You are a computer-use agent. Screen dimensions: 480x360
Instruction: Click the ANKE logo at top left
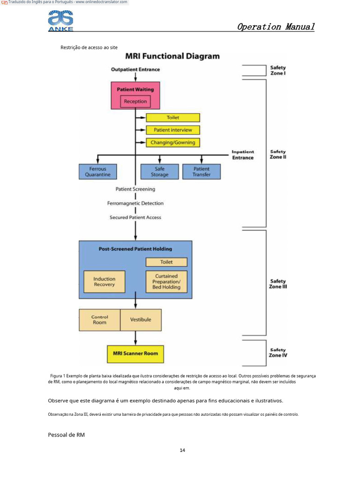[x=60, y=21]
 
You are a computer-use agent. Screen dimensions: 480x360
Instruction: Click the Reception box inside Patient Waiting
[x=135, y=101]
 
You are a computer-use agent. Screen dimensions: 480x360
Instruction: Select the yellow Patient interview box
[x=172, y=130]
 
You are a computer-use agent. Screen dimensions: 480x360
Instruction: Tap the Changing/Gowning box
[x=172, y=142]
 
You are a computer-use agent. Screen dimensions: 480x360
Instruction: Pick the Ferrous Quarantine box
[x=97, y=172]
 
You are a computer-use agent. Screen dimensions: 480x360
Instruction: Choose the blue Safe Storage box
[x=159, y=172]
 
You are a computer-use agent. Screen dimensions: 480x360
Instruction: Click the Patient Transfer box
[x=201, y=172]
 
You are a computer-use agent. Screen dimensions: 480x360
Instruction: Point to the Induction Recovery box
[x=104, y=282]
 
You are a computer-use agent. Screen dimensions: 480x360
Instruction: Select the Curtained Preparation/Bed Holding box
[x=166, y=282]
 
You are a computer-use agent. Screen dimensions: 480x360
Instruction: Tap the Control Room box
[x=99, y=320]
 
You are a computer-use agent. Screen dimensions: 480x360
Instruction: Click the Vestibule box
[x=141, y=320]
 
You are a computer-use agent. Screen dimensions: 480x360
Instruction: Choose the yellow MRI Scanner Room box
[x=135, y=353]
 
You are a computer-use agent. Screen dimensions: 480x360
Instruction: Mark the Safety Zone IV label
[x=278, y=352]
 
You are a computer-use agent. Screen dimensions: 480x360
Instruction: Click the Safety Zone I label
[x=278, y=70]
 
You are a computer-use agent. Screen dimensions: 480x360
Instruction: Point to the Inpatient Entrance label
[x=242, y=155]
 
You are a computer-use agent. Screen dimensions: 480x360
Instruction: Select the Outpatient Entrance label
[x=135, y=69]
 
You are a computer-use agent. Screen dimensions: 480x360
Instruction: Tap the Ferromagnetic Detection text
[x=135, y=203]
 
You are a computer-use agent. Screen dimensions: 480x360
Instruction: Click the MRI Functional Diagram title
[x=172, y=56]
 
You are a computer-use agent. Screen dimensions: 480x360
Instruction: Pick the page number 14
[x=182, y=450]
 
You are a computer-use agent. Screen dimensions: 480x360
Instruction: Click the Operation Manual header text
[x=276, y=27]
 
